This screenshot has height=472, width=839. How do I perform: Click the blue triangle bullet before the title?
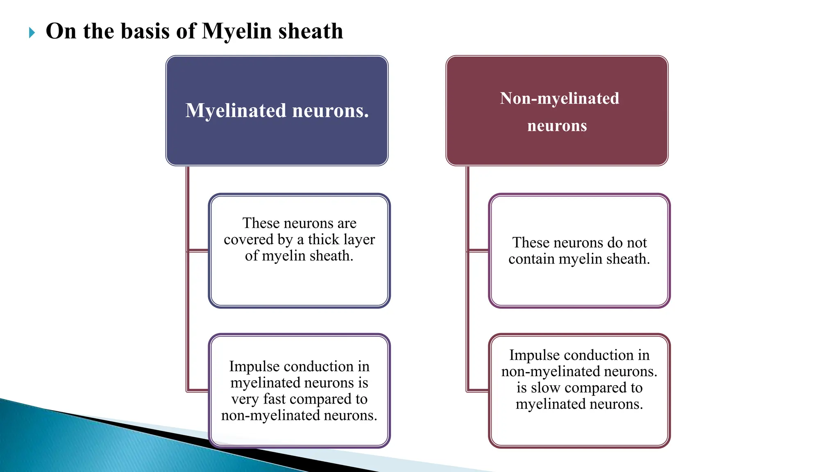tap(32, 33)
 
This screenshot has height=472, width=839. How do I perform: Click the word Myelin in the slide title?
tap(237, 32)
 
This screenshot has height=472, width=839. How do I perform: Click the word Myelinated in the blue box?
tap(236, 111)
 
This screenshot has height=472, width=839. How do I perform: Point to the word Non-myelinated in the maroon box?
tap(559, 98)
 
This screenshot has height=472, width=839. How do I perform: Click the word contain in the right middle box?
tap(531, 259)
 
